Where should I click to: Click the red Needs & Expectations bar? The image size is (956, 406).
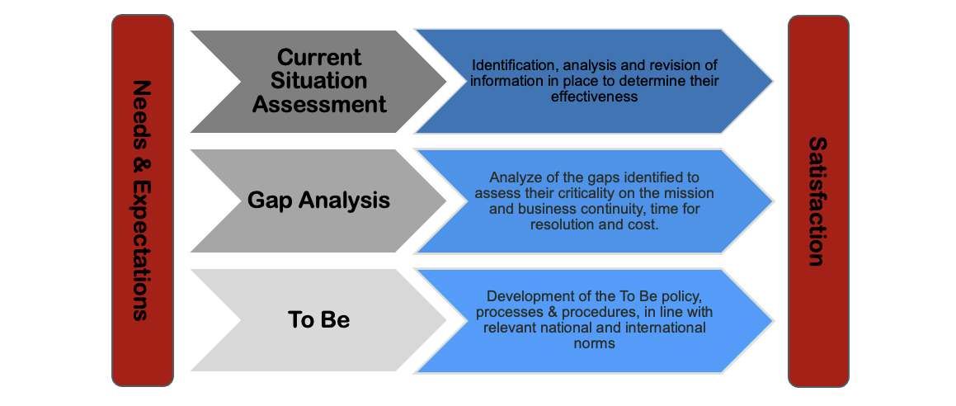(x=143, y=201)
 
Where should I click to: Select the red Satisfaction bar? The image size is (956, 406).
(x=819, y=201)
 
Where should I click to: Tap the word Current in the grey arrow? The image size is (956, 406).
(x=319, y=57)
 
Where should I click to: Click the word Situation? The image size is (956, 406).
(x=319, y=81)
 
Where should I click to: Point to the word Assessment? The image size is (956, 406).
(x=319, y=104)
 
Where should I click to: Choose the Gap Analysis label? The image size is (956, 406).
(x=319, y=201)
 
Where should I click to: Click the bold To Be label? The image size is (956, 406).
(x=319, y=320)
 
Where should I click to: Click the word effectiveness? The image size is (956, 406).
(x=595, y=97)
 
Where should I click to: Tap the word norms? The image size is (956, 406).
(x=595, y=344)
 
